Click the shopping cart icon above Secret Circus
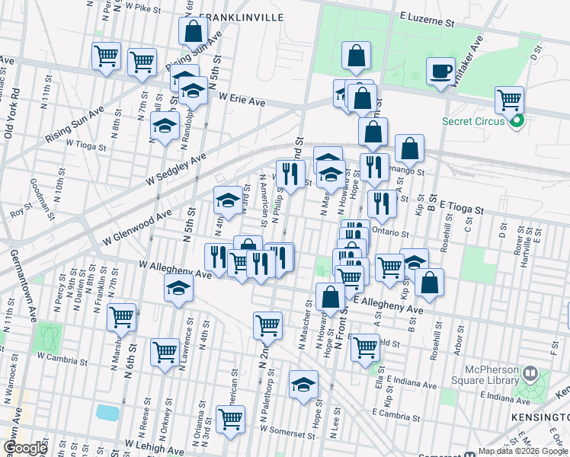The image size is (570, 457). tap(508, 100)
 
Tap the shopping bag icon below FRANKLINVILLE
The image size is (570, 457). tap(194, 32)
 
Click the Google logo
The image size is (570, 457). tap(25, 448)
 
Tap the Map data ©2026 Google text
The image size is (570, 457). tap(523, 451)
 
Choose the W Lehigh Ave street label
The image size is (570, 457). tap(155, 446)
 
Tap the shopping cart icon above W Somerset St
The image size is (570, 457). tap(230, 417)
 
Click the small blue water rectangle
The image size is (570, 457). tap(107, 412)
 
